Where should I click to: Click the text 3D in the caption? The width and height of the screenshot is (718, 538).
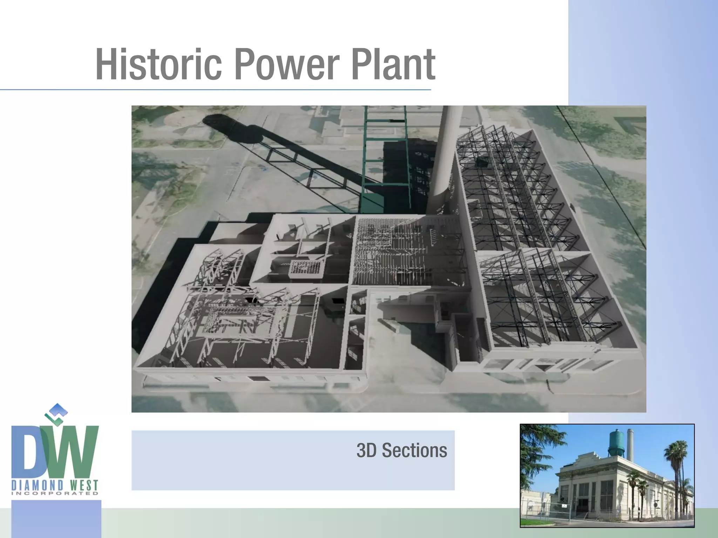(367, 450)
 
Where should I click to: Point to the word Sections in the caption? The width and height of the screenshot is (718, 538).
(414, 450)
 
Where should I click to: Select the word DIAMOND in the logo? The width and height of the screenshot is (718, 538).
(38, 485)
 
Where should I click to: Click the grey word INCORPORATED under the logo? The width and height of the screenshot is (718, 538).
(55, 494)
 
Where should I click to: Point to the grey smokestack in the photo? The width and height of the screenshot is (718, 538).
(630, 445)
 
